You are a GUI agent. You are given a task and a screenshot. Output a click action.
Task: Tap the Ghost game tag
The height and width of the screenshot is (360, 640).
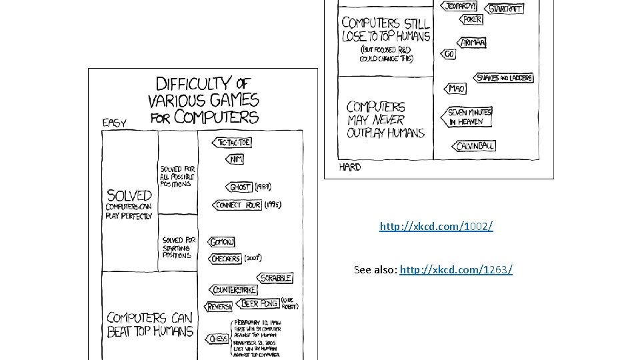tap(239, 187)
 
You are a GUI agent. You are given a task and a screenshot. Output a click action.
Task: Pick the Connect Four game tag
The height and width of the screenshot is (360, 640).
tap(237, 205)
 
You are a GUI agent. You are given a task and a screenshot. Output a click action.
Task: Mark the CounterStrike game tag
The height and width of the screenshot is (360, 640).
tap(234, 290)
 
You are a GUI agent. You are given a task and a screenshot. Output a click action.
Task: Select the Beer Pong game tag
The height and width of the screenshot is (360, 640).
tap(258, 303)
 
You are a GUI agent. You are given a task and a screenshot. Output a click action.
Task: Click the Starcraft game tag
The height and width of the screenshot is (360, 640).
tap(505, 9)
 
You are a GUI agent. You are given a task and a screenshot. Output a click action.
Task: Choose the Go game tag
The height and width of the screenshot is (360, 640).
tap(449, 54)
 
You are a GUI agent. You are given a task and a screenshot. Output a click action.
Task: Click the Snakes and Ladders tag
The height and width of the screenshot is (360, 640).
tap(504, 78)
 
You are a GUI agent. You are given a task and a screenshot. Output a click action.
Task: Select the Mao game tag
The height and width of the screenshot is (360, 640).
tap(455, 89)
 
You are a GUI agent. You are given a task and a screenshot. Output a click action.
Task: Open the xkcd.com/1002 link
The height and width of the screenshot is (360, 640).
tap(436, 227)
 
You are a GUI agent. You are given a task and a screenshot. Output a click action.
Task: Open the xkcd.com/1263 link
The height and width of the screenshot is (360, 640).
tap(456, 269)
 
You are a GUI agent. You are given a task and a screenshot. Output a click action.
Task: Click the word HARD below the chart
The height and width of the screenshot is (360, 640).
tap(349, 167)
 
